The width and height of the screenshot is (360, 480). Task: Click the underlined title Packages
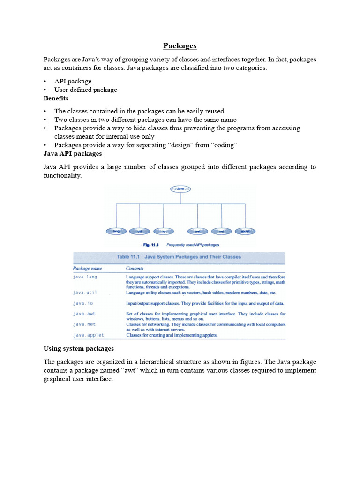tap(180, 46)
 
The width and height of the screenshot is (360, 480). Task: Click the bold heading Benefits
tap(56, 98)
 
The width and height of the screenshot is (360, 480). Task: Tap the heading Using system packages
tap(79, 349)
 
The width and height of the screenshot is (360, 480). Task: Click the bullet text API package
tap(73, 81)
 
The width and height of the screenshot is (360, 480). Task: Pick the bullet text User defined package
tap(85, 90)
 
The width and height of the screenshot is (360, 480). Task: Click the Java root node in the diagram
tap(180, 189)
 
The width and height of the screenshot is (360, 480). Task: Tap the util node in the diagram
tap(140, 231)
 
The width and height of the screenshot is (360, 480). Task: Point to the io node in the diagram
tap(163, 231)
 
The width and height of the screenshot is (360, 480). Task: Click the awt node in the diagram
tap(198, 231)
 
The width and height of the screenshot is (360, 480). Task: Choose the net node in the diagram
tap(221, 231)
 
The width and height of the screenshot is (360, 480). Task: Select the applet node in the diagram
tap(245, 231)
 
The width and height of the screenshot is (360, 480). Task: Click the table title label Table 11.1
tap(128, 257)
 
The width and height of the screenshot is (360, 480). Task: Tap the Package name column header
tap(88, 269)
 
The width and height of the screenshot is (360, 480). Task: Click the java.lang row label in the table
tap(85, 277)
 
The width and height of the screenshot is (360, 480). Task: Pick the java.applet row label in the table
tap(88, 335)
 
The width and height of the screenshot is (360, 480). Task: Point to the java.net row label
tap(84, 324)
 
